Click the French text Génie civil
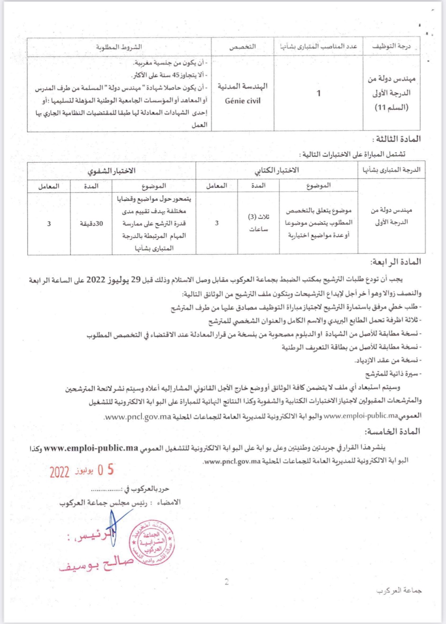243,101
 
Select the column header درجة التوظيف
391,46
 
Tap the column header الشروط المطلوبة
119,47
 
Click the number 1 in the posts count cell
318,93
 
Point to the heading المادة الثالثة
396,139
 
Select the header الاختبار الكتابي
277,170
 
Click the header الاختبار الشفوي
112,171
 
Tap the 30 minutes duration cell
91,224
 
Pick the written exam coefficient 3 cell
217,223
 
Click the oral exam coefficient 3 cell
49,224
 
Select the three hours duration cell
259,223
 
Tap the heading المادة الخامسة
392,432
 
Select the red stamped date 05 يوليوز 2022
82,471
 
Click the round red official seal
152,542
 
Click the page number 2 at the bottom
227,582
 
